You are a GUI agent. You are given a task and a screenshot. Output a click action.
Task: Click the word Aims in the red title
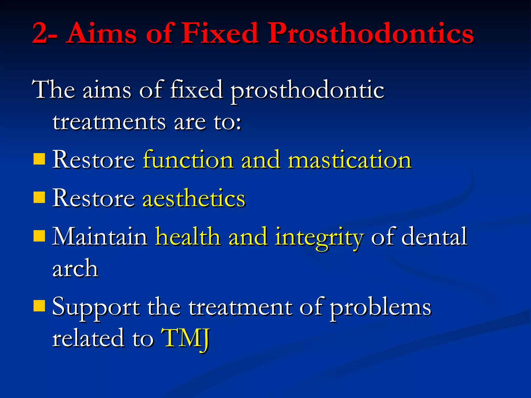[x=102, y=34]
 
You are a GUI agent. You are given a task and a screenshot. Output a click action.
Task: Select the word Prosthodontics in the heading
[x=371, y=34]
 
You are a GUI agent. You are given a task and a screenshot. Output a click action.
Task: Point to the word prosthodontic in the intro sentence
[x=307, y=91]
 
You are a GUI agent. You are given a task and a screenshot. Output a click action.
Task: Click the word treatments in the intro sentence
[x=109, y=122]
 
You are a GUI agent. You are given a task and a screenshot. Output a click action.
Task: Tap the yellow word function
[x=188, y=160]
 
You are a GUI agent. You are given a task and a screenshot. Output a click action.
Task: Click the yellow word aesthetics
[x=194, y=198]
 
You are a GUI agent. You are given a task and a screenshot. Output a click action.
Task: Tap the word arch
[x=75, y=268]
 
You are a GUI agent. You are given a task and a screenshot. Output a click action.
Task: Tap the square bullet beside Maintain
[x=39, y=236]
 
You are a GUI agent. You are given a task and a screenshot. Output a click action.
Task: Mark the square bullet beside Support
[x=39, y=305]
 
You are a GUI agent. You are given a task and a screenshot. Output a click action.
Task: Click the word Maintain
[x=100, y=236]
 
